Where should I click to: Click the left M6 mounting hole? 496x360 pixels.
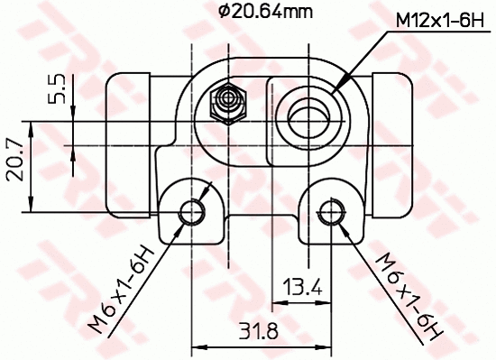(192, 213)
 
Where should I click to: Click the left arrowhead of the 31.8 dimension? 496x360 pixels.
(199, 345)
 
